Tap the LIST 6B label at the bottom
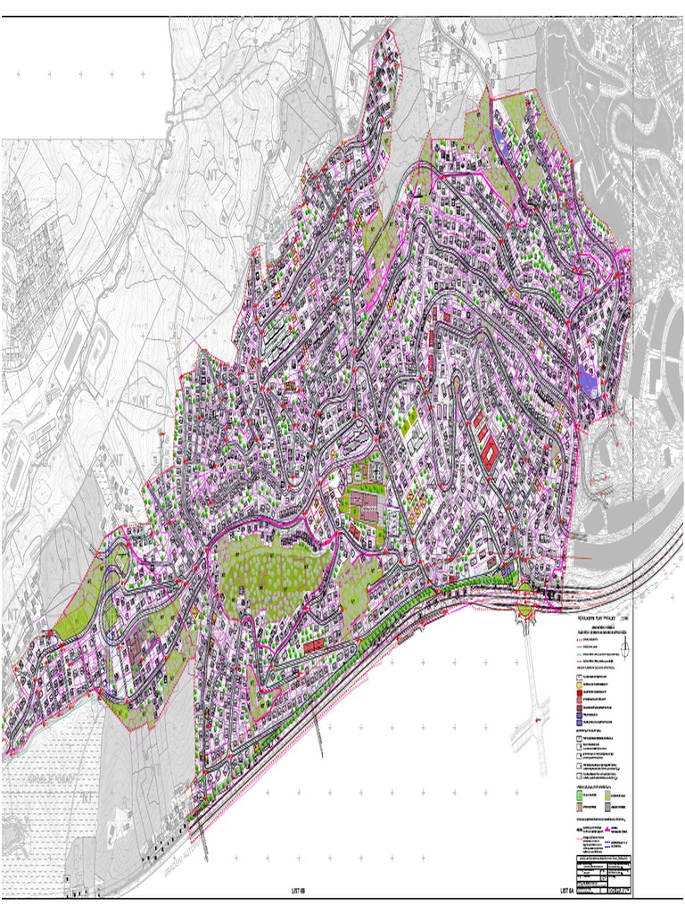[x=298, y=890]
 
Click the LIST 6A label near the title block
[x=567, y=890]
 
